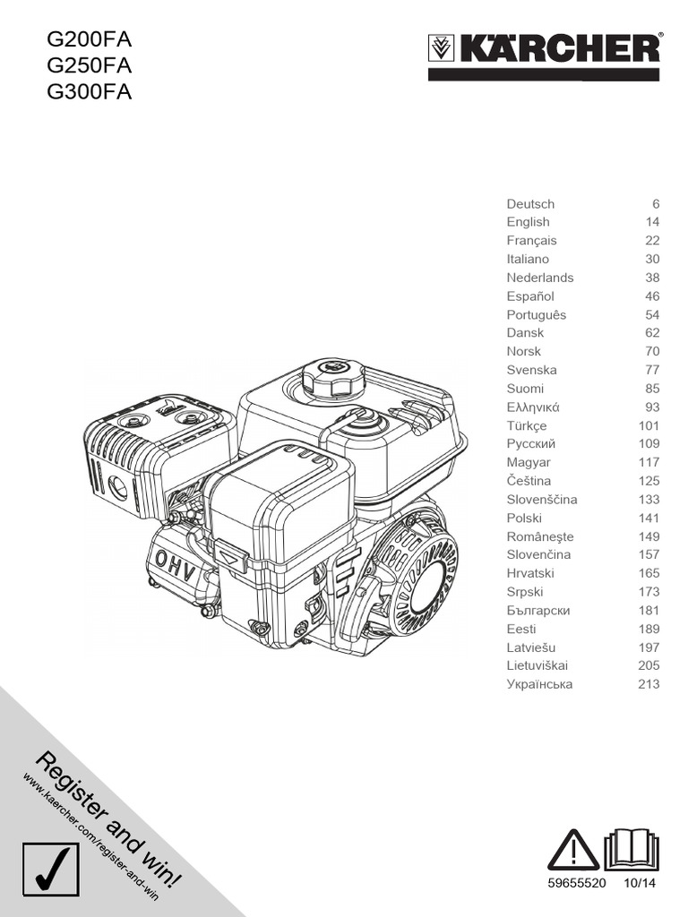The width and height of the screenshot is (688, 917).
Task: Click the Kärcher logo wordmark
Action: (x=557, y=48)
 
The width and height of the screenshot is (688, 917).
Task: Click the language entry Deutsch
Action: (x=530, y=204)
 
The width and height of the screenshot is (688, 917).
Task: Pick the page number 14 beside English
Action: (x=652, y=222)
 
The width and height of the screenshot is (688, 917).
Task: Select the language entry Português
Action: (x=536, y=315)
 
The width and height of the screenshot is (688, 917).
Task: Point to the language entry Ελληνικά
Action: (x=535, y=407)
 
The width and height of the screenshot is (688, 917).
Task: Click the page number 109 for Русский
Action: (x=649, y=444)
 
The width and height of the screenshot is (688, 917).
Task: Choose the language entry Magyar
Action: (x=529, y=463)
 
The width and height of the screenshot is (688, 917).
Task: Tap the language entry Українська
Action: (x=539, y=684)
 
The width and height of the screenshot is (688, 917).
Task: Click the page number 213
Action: (x=649, y=684)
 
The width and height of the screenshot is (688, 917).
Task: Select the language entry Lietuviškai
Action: (x=537, y=665)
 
